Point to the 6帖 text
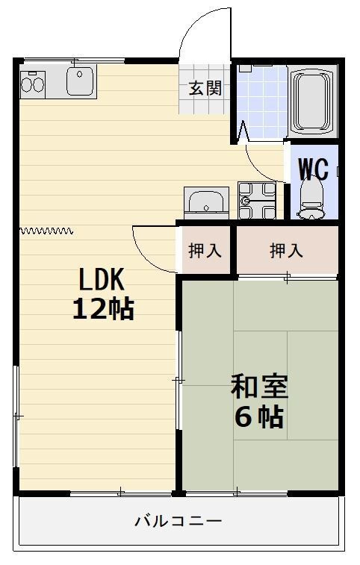point(259,417)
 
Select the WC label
point(313,169)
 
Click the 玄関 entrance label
point(205,89)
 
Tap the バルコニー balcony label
point(179,521)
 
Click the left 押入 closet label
point(205,251)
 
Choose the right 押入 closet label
point(286,251)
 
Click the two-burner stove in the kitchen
point(33,81)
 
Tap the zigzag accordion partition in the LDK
point(46,231)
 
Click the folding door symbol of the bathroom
point(242,134)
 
